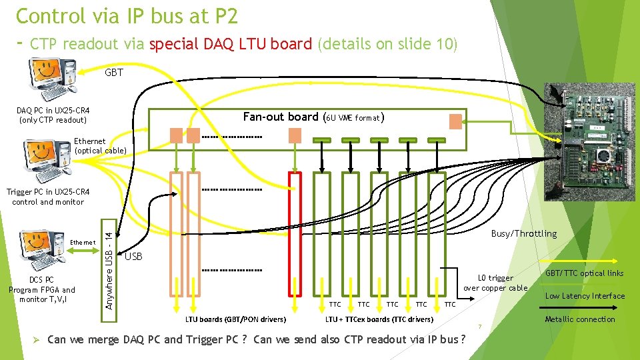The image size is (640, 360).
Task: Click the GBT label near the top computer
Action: coord(114,73)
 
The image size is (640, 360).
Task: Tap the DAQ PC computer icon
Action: coord(52,77)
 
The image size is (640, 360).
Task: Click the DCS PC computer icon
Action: coord(42,250)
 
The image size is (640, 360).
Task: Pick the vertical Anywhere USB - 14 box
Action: coord(111,265)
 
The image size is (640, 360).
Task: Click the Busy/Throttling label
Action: coord(523,233)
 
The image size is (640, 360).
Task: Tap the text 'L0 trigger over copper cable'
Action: coord(496,283)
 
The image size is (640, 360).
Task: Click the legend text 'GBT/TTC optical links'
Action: coord(584,273)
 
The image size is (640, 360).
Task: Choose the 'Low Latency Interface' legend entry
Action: coord(585,296)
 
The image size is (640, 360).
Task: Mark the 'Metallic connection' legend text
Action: coord(580,319)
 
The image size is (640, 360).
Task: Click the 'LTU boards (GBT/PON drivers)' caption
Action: coord(235,320)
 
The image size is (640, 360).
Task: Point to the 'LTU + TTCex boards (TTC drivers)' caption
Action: coord(379,320)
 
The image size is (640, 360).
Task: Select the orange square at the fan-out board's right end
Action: coord(455,121)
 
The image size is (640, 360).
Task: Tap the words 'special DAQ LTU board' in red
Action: coord(230,44)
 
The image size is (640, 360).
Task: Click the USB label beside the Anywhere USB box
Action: coord(133,256)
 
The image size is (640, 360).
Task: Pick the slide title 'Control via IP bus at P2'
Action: coord(126,15)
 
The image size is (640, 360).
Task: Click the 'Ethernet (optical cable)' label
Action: coord(99,145)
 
